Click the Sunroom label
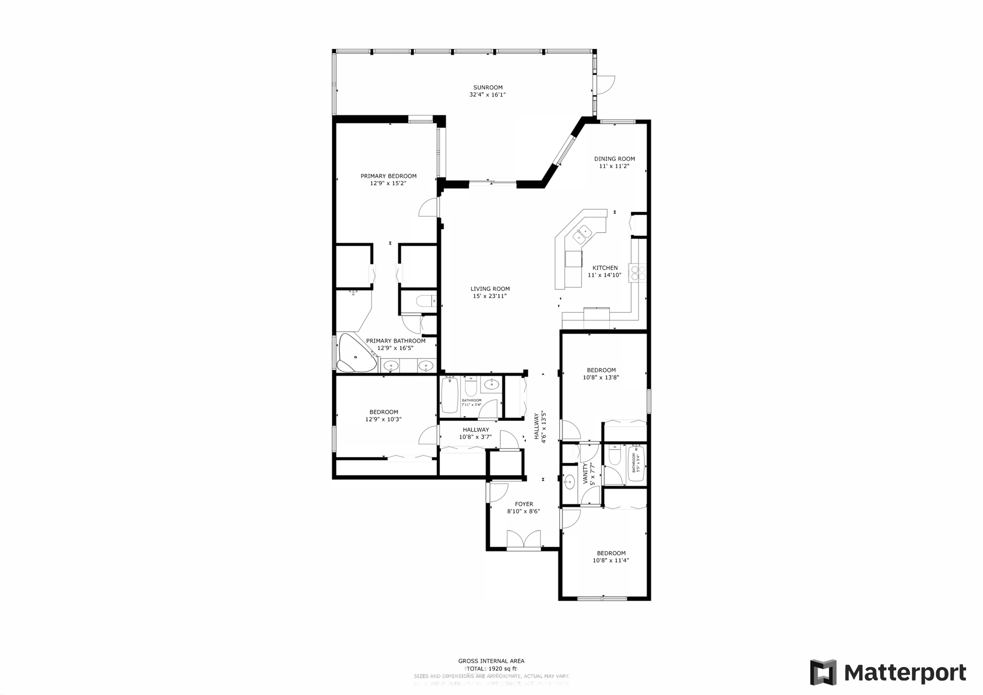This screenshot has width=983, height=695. (488, 87)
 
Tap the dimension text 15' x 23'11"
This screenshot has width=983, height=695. (490, 296)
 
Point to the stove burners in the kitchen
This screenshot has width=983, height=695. (638, 273)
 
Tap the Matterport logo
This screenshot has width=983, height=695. (888, 672)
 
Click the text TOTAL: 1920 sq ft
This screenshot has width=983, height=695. (491, 669)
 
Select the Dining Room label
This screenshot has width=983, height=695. (614, 159)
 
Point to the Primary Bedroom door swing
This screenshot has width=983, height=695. (429, 208)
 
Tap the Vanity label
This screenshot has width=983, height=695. (585, 474)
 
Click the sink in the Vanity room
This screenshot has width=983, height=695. (570, 482)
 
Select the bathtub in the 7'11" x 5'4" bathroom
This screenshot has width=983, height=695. (450, 395)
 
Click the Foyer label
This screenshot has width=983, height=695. (524, 504)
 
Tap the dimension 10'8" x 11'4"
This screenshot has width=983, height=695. (611, 560)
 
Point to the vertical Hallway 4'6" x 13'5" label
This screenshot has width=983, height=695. (540, 427)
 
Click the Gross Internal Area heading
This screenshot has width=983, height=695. (491, 661)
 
